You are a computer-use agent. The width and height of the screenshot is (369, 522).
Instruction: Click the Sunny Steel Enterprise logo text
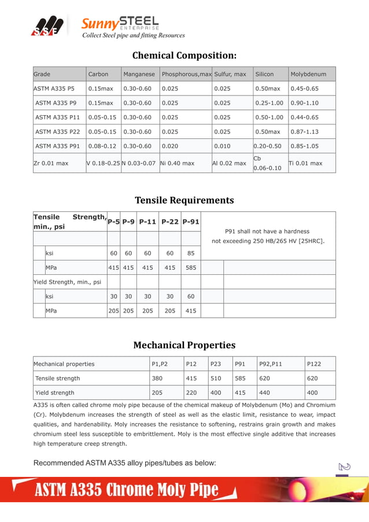[120, 24]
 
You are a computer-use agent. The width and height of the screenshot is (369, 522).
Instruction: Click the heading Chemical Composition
[184, 56]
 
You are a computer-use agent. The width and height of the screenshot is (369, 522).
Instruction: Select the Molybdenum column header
[308, 74]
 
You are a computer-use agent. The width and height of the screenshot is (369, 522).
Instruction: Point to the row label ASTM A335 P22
[57, 131]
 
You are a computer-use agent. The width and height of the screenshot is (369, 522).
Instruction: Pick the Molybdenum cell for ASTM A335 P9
[304, 103]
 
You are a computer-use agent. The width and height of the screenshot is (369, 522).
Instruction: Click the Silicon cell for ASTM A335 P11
[269, 117]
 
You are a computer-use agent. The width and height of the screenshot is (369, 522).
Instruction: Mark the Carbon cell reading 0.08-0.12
[102, 146]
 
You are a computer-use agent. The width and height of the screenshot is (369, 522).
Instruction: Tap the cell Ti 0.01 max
[306, 163]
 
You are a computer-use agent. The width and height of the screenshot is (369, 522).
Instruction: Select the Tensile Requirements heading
[184, 200]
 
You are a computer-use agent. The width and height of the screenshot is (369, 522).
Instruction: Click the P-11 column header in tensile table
[147, 222]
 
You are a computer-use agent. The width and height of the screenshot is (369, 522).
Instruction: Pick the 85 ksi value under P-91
[190, 253]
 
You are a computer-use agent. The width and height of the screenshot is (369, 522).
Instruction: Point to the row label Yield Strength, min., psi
[67, 282]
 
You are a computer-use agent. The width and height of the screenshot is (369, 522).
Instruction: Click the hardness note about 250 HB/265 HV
[268, 236]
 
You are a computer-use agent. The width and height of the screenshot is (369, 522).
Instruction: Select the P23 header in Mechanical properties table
[215, 364]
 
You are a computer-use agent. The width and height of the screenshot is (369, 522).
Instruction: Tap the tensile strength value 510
[215, 378]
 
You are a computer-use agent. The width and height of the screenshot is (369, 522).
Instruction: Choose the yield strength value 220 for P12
[191, 393]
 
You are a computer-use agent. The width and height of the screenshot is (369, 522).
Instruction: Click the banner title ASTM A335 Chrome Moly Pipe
[127, 490]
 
